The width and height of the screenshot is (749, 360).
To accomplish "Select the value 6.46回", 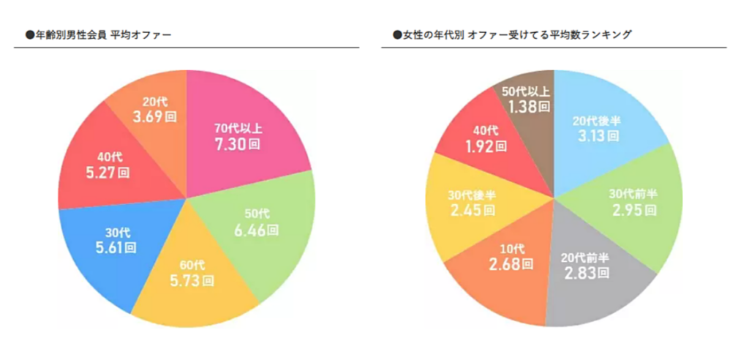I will click(257, 230).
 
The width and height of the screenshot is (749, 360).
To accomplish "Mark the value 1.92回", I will click(484, 146).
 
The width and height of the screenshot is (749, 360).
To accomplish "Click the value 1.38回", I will click(526, 106).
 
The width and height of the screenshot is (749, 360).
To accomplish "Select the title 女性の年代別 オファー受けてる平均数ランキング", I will click(512, 34).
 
